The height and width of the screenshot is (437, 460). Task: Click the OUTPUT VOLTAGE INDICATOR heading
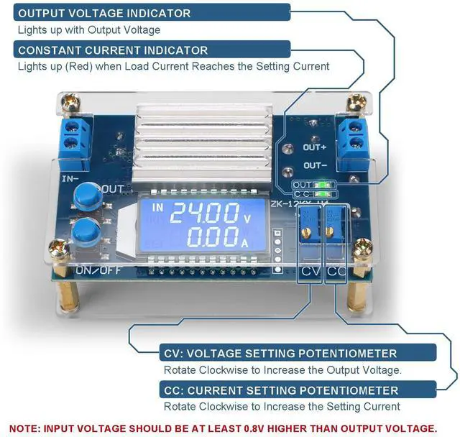tap(105, 13)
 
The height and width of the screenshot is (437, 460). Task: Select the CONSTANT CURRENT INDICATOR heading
tap(113, 50)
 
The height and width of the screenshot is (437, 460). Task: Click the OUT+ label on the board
tap(315, 147)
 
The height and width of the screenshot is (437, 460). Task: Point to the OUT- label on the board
tap(315, 165)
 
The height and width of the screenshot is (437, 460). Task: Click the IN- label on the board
tap(70, 178)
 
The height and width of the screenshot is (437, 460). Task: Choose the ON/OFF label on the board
tap(93, 270)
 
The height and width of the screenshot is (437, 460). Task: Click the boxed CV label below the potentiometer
tap(310, 272)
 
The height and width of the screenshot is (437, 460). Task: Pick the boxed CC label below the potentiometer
tap(336, 272)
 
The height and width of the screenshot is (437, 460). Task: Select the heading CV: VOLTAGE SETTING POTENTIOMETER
tap(280, 354)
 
